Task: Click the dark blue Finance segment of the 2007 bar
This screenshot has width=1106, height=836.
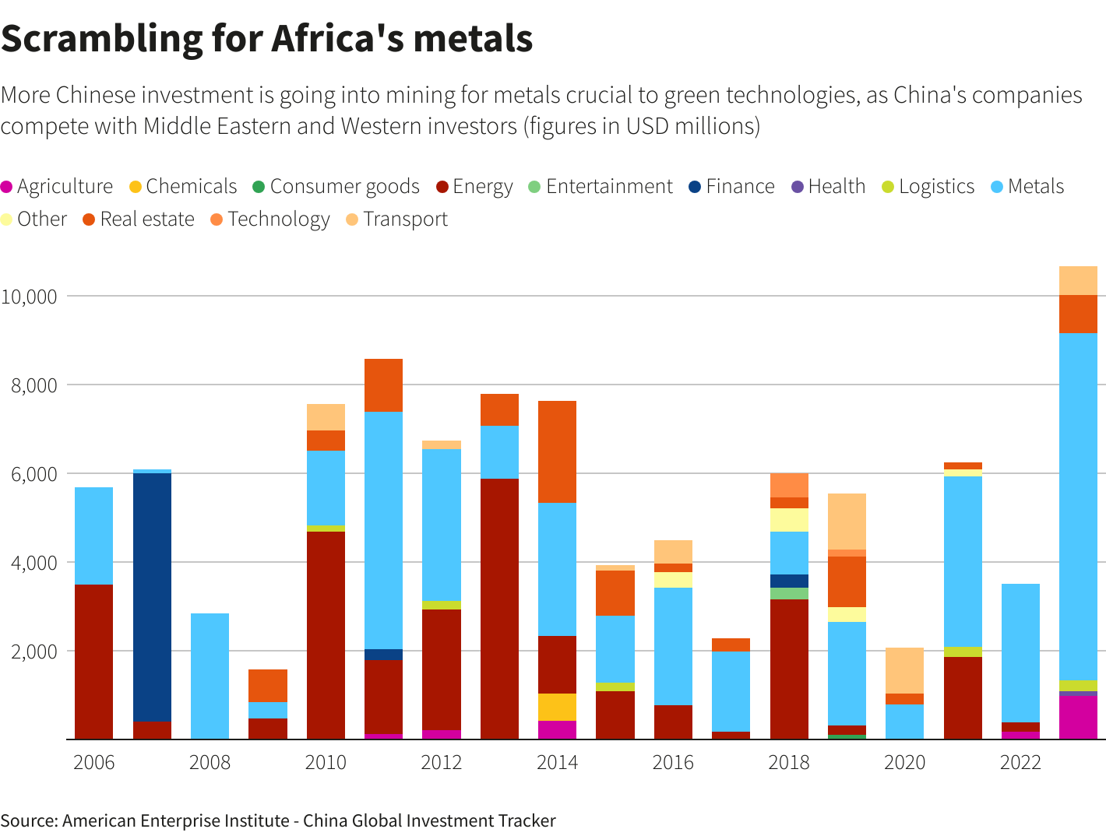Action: tap(152, 597)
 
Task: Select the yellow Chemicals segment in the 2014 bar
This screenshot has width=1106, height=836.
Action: tap(557, 707)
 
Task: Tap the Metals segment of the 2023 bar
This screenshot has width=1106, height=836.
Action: tap(1078, 507)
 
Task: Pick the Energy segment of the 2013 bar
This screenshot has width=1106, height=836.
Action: tap(499, 609)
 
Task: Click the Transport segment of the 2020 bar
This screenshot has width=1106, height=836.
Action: tap(904, 670)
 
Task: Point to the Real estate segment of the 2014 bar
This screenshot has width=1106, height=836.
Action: tap(557, 451)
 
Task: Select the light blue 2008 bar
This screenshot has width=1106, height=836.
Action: tap(210, 676)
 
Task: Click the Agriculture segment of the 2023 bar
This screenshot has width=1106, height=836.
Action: tap(1078, 718)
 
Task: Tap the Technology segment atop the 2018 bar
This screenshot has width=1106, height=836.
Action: tap(789, 486)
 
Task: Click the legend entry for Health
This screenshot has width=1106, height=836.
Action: tap(829, 186)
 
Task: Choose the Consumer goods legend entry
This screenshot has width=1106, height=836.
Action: tap(336, 187)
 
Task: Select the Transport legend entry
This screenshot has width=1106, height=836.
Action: tap(397, 219)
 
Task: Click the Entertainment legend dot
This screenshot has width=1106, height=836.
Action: tap(534, 187)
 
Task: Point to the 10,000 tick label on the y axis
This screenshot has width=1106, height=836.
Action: tap(29, 297)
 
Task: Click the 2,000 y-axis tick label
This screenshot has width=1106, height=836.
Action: tap(33, 652)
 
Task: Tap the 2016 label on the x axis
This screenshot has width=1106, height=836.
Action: tap(673, 763)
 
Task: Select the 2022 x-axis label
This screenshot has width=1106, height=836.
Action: tap(1020, 763)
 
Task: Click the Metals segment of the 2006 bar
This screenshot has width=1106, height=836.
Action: tap(93, 536)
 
